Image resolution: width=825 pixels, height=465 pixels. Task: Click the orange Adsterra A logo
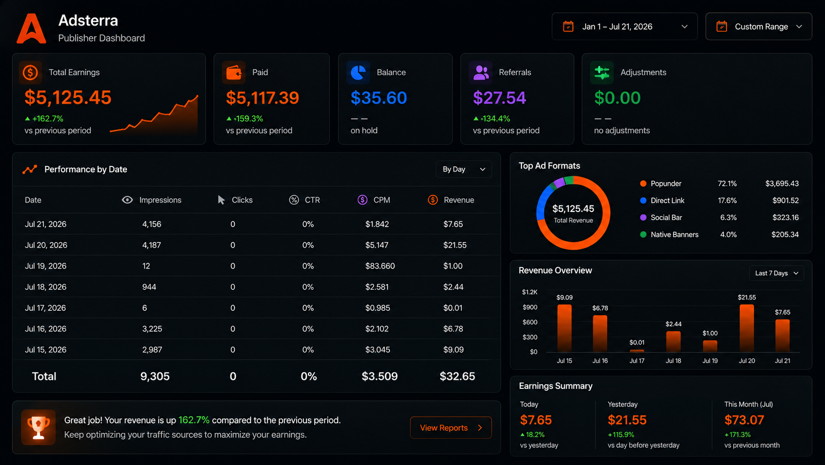pyautogui.click(x=31, y=29)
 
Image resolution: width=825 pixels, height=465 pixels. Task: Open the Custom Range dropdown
pyautogui.click(x=759, y=27)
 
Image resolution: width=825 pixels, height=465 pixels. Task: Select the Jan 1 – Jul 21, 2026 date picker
pyautogui.click(x=625, y=27)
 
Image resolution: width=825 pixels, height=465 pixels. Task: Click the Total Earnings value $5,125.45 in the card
pyautogui.click(x=68, y=97)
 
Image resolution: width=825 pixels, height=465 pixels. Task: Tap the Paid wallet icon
pyautogui.click(x=233, y=72)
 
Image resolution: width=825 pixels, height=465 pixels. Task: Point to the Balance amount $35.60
pyautogui.click(x=378, y=98)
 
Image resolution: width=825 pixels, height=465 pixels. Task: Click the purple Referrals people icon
pyautogui.click(x=481, y=72)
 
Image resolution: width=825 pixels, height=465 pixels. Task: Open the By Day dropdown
pyautogui.click(x=464, y=169)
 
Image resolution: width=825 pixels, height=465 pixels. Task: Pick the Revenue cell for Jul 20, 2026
pyautogui.click(x=455, y=245)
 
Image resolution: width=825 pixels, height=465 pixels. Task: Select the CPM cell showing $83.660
pyautogui.click(x=380, y=266)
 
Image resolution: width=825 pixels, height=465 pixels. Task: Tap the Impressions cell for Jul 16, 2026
pyautogui.click(x=152, y=329)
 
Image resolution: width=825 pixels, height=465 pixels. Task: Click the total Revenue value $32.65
pyautogui.click(x=457, y=376)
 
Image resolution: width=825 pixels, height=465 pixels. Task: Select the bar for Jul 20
pyautogui.click(x=747, y=328)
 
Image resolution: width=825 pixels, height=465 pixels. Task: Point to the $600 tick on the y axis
pyautogui.click(x=529, y=322)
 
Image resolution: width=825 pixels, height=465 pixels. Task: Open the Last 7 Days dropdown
pyautogui.click(x=776, y=273)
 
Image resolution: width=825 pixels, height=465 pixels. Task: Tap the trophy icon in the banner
pyautogui.click(x=38, y=427)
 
